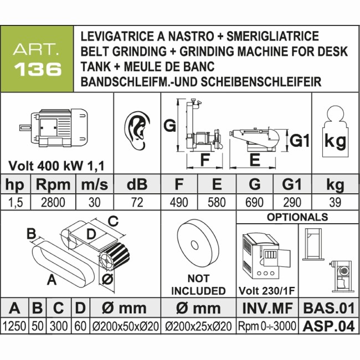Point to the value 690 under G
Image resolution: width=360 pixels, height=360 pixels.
(254, 202)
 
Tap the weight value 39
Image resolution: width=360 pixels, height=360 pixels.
(335, 202)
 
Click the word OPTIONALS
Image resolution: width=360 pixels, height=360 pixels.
(297, 217)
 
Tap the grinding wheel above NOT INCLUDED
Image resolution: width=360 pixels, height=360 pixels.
(198, 244)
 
